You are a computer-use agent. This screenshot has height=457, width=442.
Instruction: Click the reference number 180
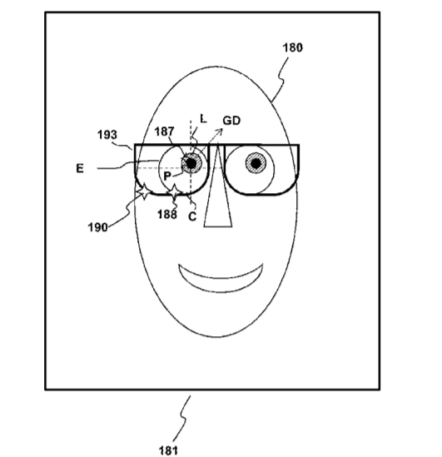pyautogui.click(x=293, y=47)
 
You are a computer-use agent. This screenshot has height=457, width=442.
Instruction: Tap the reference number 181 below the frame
pyautogui.click(x=168, y=450)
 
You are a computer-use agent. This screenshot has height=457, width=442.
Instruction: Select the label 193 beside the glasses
pyautogui.click(x=107, y=135)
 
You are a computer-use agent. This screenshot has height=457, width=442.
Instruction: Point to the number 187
pyautogui.click(x=164, y=132)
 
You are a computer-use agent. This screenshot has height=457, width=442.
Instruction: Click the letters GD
pyautogui.click(x=231, y=121)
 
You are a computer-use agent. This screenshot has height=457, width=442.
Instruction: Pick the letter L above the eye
pyautogui.click(x=203, y=119)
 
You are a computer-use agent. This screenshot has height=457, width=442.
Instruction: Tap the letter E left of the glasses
pyautogui.click(x=80, y=168)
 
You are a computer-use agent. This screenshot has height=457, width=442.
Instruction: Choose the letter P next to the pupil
pyautogui.click(x=167, y=176)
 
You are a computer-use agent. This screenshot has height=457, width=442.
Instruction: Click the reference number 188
pyautogui.click(x=167, y=215)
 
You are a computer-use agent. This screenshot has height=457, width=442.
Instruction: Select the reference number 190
pyautogui.click(x=97, y=227)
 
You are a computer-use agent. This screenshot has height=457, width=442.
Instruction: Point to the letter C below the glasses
pyautogui.click(x=192, y=216)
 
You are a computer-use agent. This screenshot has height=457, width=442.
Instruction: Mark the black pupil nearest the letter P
pyautogui.click(x=191, y=163)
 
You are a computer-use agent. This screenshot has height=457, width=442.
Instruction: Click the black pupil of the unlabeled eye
pyautogui.click(x=256, y=163)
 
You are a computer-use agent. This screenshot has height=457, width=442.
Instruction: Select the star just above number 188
pyautogui.click(x=174, y=191)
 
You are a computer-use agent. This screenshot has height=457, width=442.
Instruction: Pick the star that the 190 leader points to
pyautogui.click(x=144, y=191)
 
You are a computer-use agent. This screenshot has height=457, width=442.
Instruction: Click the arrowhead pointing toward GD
pyautogui.click(x=220, y=132)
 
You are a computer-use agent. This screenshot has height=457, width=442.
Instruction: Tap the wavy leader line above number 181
pyautogui.click(x=182, y=419)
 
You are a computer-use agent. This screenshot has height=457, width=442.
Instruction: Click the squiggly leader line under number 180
pyautogui.click(x=281, y=79)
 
